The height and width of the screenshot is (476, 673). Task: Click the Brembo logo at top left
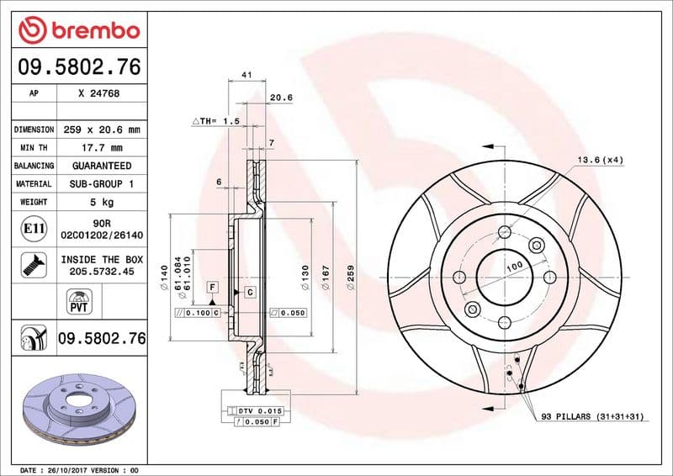click(x=78, y=30)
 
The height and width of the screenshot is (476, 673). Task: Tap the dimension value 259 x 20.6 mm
click(x=101, y=130)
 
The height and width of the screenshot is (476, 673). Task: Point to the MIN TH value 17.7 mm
click(x=101, y=148)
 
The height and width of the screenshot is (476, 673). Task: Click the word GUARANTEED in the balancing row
click(x=101, y=166)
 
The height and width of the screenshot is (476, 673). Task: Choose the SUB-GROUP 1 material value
click(x=101, y=183)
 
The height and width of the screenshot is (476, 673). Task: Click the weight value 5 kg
click(x=101, y=202)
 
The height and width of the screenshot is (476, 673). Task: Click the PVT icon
click(x=78, y=301)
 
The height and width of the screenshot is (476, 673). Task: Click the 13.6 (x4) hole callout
click(x=599, y=160)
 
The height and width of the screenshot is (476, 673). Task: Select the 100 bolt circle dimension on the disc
click(x=515, y=266)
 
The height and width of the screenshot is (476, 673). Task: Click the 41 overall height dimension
click(x=246, y=75)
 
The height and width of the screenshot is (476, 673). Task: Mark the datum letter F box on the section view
click(x=213, y=288)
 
